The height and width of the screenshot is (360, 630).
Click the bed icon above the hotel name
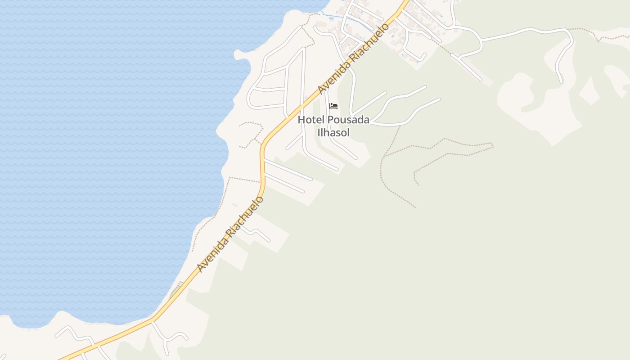[x=333, y=106]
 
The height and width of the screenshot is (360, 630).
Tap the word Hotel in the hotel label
[x=311, y=120]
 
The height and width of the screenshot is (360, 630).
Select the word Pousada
[x=348, y=120]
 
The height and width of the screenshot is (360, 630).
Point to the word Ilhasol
[x=333, y=133]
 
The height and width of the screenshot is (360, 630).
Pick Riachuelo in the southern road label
[x=247, y=215]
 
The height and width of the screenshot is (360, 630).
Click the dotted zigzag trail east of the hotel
[x=450, y=148]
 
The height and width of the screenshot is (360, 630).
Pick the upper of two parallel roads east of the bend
[x=288, y=170]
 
